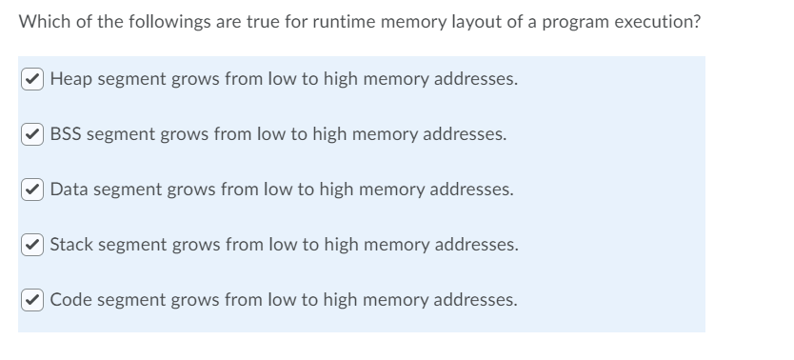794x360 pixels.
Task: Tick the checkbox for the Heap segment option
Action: (34, 79)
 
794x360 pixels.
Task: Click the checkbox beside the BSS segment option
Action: (34, 134)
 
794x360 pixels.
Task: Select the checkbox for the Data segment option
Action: (34, 190)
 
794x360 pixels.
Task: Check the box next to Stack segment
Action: (34, 245)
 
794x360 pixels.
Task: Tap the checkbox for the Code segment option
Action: (34, 300)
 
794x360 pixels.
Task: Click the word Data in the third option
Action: (69, 190)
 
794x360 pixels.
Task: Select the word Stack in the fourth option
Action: (71, 245)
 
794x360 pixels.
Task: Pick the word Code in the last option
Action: (70, 300)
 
